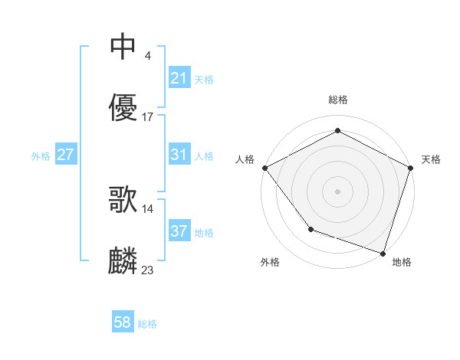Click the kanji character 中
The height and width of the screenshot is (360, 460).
tap(123, 47)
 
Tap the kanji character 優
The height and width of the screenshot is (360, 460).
tap(123, 108)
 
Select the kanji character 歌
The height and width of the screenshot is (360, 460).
tap(123, 199)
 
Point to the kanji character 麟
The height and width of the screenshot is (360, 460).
tap(123, 261)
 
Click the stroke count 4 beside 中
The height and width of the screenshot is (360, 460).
tap(147, 56)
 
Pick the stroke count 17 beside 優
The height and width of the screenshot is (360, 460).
tap(148, 117)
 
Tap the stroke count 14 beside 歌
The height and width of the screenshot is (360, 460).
tap(148, 208)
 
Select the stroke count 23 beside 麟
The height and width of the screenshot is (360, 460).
tap(148, 270)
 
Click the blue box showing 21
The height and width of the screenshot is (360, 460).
tap(179, 78)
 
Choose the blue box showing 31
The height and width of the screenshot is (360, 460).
tap(179, 155)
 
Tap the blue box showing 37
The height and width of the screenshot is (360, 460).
tap(179, 231)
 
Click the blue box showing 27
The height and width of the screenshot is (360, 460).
tap(65, 155)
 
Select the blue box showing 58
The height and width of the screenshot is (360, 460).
tap(123, 323)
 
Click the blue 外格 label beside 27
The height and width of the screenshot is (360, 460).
tap(41, 155)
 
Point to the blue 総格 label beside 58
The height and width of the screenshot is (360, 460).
tap(147, 324)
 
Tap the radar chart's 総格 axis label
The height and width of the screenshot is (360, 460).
tap(337, 100)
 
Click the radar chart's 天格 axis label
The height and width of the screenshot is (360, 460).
tap(431, 159)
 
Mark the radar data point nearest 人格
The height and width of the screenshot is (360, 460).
tap(264, 167)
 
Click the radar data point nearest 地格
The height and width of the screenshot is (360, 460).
tap(383, 253)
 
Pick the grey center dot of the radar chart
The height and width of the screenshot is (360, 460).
tap(337, 191)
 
